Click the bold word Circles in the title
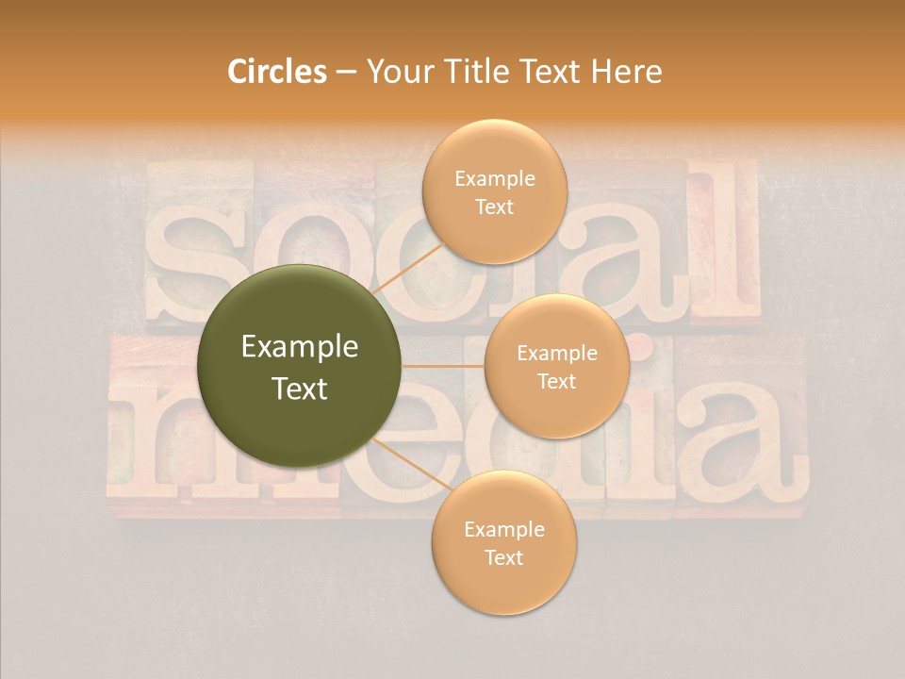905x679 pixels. point(277,72)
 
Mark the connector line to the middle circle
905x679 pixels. point(443,366)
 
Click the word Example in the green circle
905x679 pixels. point(300,347)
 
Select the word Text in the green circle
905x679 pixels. point(300,389)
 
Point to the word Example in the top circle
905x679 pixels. point(494,178)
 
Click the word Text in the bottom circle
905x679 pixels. point(503,557)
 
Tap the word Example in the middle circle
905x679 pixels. point(557,353)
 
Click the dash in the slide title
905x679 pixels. point(345,73)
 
